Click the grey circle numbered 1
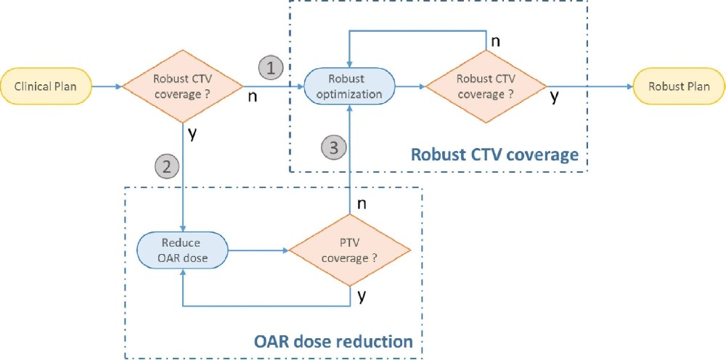pos(270,69)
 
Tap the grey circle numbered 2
pos(166,167)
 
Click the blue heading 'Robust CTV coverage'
pos(494,155)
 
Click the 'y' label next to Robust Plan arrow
pos(555,97)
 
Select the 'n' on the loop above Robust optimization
pos(495,41)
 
